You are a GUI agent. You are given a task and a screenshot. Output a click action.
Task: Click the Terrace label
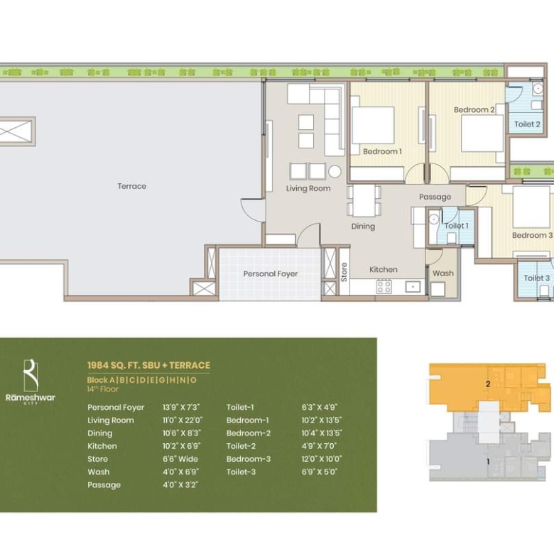132,186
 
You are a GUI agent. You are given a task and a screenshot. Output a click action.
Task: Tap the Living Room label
308,188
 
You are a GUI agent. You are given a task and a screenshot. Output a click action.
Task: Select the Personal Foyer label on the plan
271,274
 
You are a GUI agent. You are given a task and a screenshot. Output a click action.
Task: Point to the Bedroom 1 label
382,151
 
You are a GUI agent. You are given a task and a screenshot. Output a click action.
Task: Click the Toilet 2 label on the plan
527,124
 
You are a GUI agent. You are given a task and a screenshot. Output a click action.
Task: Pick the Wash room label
443,273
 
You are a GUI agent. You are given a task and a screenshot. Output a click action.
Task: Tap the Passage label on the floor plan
435,197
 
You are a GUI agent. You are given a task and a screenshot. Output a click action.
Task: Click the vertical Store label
344,272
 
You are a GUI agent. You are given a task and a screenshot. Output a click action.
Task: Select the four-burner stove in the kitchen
384,286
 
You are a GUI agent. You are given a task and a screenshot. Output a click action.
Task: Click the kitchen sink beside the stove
413,286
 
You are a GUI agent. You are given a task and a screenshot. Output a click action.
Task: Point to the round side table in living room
335,171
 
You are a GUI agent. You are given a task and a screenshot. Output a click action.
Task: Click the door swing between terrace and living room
253,210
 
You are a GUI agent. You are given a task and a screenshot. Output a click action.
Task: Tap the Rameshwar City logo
31,381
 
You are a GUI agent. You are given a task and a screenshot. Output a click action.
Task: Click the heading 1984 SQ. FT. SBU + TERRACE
148,365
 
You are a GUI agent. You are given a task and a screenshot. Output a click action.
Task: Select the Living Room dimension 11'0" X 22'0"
183,420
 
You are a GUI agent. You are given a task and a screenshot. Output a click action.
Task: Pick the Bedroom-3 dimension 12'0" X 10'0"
322,459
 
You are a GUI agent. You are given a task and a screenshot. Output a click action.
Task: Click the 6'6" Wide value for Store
180,459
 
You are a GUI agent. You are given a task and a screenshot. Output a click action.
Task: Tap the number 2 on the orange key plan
488,384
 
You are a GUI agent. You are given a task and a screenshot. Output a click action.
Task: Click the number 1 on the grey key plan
488,462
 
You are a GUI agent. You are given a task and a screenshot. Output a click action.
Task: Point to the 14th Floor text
103,389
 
